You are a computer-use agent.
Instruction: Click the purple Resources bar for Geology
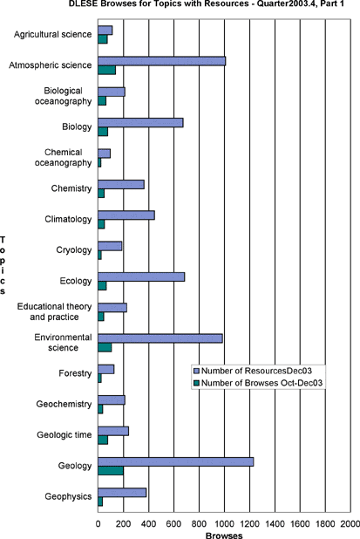point(176,461)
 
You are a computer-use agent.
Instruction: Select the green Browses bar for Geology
point(111,471)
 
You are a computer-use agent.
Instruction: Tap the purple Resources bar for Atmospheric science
point(162,61)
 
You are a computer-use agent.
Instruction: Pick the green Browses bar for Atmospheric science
point(107,70)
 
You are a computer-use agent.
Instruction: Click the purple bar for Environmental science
point(160,338)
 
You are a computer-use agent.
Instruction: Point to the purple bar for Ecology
point(141,276)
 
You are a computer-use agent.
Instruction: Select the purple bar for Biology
point(141,123)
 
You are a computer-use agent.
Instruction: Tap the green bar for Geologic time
point(103,440)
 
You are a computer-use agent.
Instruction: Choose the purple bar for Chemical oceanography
point(105,154)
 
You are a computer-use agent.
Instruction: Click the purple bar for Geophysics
point(122,493)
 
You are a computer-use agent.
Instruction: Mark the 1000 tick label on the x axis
point(224,524)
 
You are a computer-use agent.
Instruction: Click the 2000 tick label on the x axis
point(350,524)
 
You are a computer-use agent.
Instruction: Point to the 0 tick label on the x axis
point(98,524)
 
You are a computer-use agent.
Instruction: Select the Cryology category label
point(74,250)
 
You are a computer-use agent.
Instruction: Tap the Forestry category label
point(75,373)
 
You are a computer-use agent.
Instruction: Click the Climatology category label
point(68,219)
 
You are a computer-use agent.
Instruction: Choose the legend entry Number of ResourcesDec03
point(253,371)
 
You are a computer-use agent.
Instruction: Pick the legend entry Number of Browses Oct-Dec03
point(258,383)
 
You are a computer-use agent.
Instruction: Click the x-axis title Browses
point(224,536)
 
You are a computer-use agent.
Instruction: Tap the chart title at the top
point(206,3)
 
